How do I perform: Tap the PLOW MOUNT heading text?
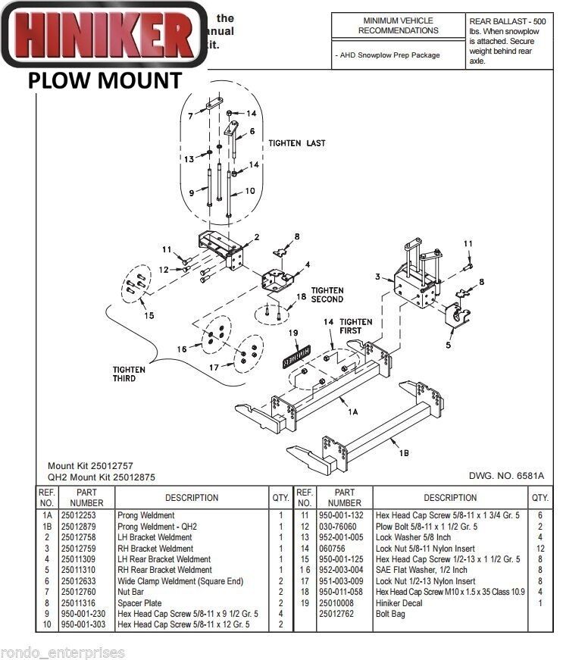[x=105, y=80]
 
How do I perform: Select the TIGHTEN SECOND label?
[x=327, y=295]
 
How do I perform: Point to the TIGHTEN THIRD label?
[x=130, y=374]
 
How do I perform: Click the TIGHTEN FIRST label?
[x=355, y=327]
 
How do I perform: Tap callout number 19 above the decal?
[x=293, y=333]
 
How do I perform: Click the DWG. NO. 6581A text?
[x=507, y=476]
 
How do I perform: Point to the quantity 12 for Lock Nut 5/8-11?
[x=540, y=548]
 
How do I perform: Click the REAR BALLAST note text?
[x=507, y=41]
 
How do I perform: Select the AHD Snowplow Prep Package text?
[x=389, y=55]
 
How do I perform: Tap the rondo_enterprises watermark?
[x=62, y=652]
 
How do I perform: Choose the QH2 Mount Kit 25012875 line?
[x=101, y=477]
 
